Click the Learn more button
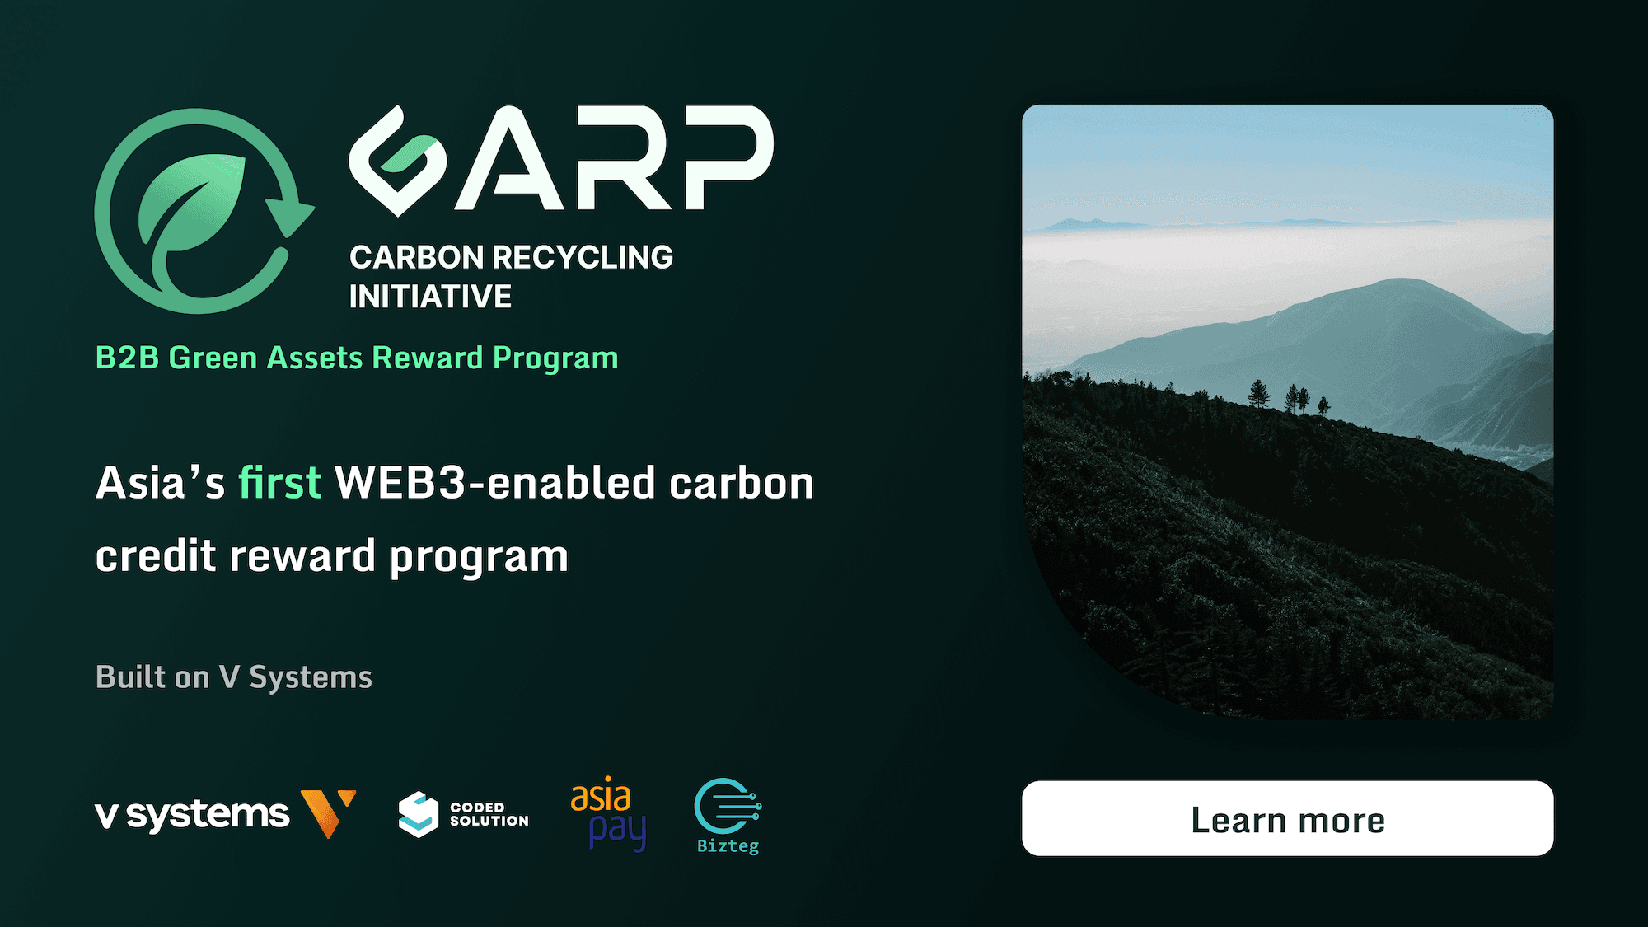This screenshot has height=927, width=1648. click(x=1287, y=818)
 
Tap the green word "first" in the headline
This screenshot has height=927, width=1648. click(x=279, y=482)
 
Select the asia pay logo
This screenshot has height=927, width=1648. click(x=608, y=813)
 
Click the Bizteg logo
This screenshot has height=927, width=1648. click(x=728, y=816)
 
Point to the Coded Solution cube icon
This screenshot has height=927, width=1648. click(x=419, y=814)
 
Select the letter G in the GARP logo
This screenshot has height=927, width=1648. click(x=397, y=161)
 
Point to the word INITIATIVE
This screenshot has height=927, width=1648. click(x=430, y=297)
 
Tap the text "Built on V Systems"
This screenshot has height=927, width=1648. click(x=234, y=677)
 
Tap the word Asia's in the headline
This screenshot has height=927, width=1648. click(x=161, y=482)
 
